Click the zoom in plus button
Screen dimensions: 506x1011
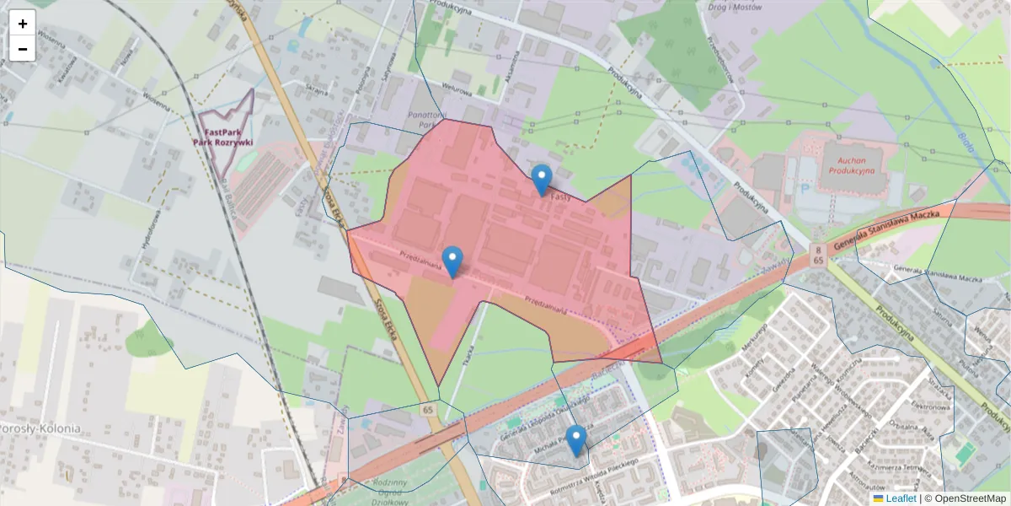coord(23,24)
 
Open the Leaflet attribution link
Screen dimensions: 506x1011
coord(900,498)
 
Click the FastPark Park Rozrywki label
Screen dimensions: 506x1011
coord(223,137)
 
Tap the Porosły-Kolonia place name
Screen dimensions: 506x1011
coord(40,428)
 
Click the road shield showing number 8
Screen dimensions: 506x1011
coord(817,250)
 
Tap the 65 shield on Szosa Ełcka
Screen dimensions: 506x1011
coord(428,409)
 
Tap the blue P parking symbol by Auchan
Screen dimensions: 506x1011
coord(803,190)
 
